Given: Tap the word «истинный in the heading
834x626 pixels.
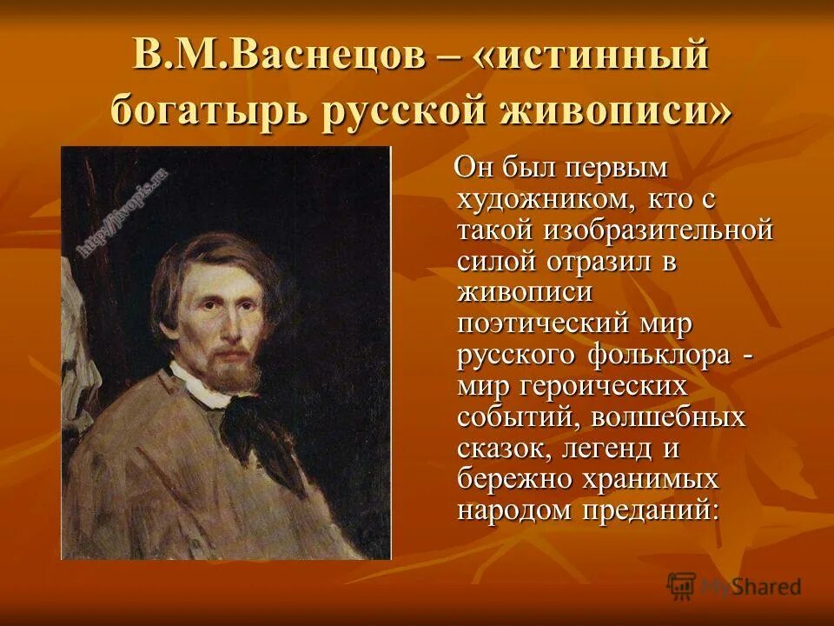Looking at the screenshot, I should tap(592, 58).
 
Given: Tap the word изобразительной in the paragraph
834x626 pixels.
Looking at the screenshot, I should tap(657, 230).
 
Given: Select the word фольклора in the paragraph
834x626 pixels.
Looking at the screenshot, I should tap(651, 355).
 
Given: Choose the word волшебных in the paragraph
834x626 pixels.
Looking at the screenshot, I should tap(668, 416).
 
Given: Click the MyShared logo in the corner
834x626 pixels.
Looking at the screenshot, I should tap(733, 587).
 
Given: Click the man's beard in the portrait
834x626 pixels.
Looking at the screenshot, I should tap(235, 370).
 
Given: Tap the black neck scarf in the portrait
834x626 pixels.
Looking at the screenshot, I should tap(261, 426).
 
